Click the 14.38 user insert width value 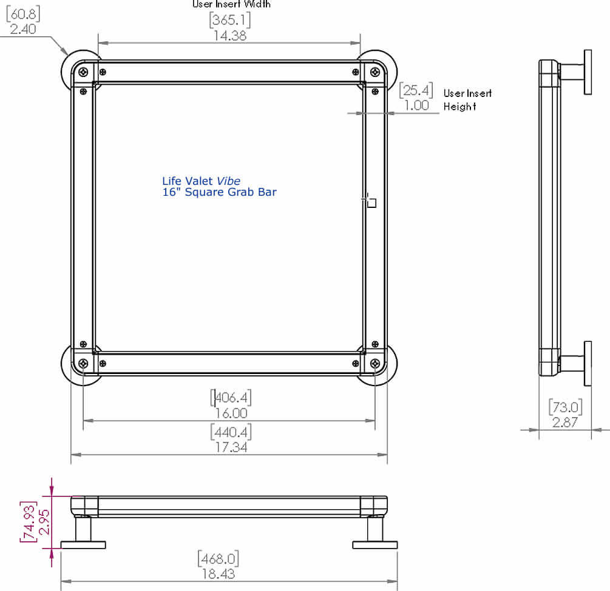(230, 36)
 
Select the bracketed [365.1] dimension (230, 20)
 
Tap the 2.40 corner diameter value (23, 28)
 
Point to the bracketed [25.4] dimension (416, 91)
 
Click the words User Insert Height (467, 99)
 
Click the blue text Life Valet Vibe (201, 181)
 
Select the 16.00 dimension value (231, 413)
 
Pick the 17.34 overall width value (231, 447)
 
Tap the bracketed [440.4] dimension (231, 432)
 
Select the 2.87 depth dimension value (564, 422)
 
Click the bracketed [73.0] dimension (564, 406)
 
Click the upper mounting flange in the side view (588, 72)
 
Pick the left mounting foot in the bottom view (83, 544)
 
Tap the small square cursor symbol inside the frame (372, 203)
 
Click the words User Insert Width (231, 4)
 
